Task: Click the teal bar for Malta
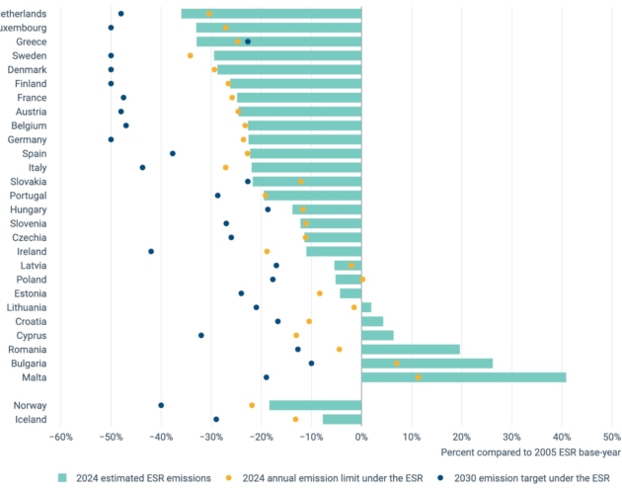pos(464,376)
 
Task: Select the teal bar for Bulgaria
pos(427,363)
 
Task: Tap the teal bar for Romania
pos(411,349)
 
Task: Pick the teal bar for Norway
pos(315,405)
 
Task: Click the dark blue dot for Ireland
pos(151,251)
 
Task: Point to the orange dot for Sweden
pos(191,55)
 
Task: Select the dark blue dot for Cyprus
pos(201,335)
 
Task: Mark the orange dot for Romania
pos(340,349)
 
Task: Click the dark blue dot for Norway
pos(161,405)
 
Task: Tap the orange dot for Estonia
pos(320,292)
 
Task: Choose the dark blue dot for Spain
pos(173,153)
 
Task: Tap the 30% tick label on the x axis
pos(511,438)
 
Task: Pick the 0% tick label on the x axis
pos(361,438)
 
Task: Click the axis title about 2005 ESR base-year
pos(530,452)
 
